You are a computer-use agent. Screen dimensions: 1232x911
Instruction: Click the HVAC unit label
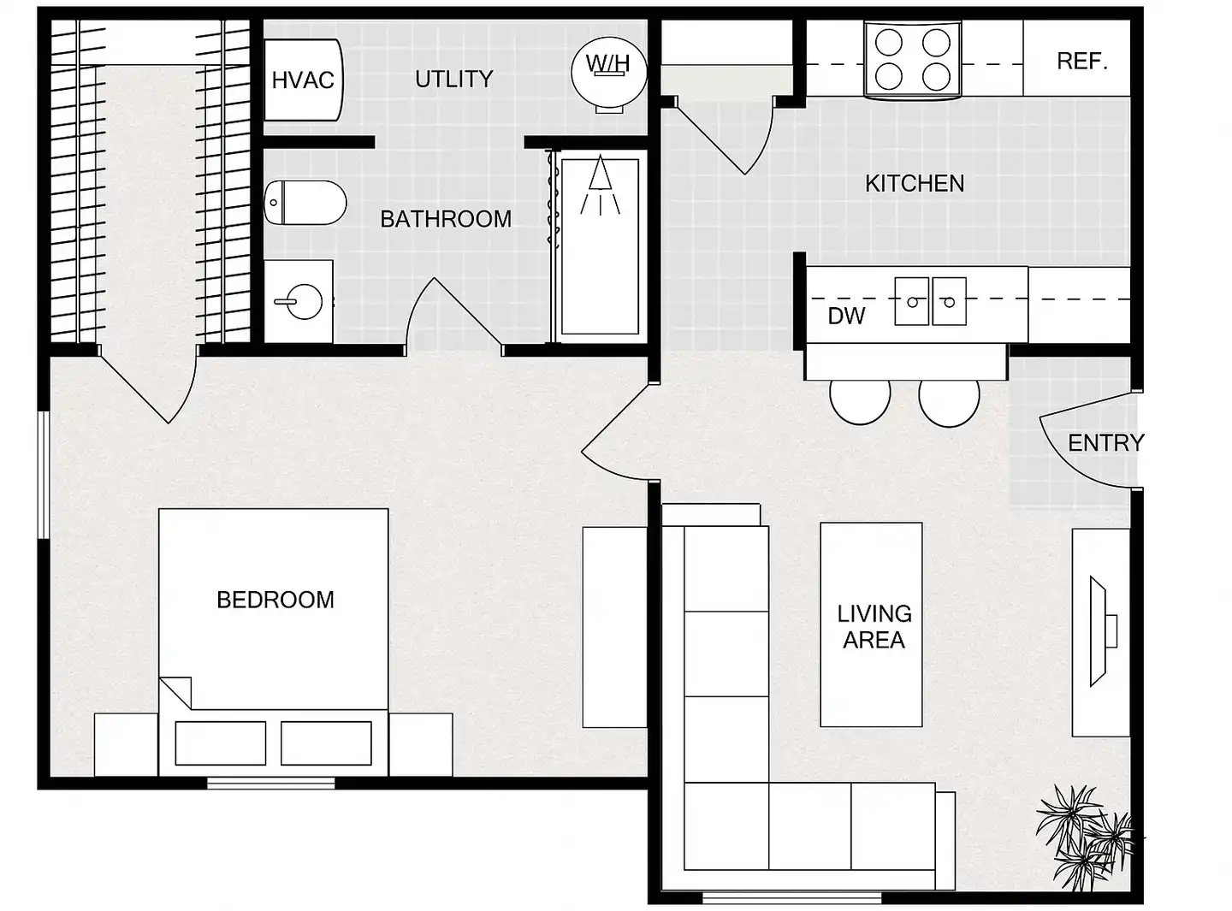(x=303, y=80)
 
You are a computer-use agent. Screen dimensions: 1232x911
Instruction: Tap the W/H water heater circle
(x=609, y=72)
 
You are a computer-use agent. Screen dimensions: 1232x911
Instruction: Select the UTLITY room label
(x=453, y=79)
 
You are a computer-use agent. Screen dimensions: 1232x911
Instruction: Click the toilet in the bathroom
(x=305, y=202)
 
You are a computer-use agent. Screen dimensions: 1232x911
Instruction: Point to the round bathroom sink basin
(x=305, y=302)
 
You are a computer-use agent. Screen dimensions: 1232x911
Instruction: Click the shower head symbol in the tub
(x=600, y=186)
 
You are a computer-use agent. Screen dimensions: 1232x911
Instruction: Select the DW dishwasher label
(x=846, y=316)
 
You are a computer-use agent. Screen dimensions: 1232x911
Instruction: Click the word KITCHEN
(x=915, y=183)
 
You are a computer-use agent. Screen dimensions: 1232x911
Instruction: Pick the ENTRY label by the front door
(x=1106, y=443)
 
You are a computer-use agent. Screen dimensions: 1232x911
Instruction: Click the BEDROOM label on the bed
(x=275, y=600)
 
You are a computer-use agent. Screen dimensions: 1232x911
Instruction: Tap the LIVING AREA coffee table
(x=871, y=624)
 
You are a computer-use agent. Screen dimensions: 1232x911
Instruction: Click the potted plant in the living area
(x=1083, y=837)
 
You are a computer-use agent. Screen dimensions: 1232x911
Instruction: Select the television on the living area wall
(x=1101, y=631)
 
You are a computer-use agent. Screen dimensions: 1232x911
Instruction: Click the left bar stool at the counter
(x=860, y=401)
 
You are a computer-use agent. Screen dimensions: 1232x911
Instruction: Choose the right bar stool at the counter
(x=949, y=402)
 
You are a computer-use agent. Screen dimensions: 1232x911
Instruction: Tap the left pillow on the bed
(x=221, y=743)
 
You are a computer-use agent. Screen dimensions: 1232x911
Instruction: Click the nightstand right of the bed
(x=420, y=745)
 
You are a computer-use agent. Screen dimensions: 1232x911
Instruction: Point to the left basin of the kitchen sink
(x=911, y=301)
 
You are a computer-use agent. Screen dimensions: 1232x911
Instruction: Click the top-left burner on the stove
(x=889, y=42)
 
